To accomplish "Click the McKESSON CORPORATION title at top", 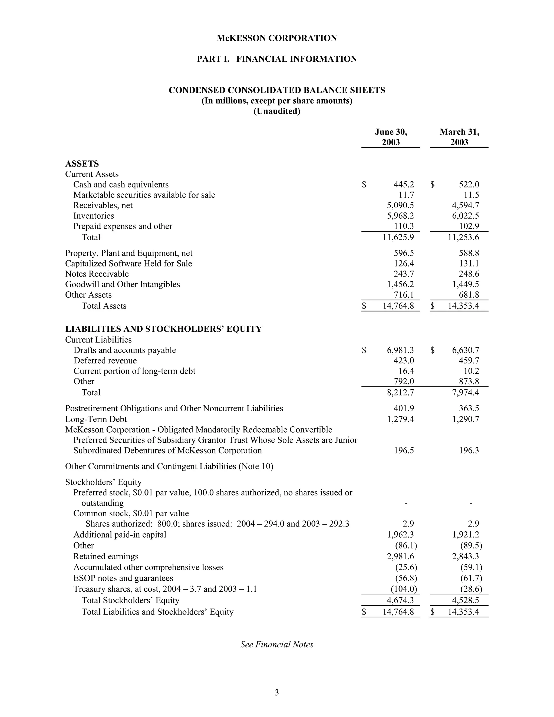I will coord(277,38).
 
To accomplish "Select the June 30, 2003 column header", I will coord(391,137).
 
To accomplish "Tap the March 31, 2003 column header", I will coord(459,137).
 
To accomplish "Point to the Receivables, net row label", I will coord(103,206).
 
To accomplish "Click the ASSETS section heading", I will coord(82,163).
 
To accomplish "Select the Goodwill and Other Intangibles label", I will coord(123,284).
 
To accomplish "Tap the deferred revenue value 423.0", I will coord(404,360).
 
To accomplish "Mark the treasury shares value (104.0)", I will coord(404,589).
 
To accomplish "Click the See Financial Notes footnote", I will coord(277,644).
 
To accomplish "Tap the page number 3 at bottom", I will coord(277,692).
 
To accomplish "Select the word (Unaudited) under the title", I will coord(277,111).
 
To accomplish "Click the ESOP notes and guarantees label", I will coord(123,578).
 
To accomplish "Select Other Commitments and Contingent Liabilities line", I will coord(169,466).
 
